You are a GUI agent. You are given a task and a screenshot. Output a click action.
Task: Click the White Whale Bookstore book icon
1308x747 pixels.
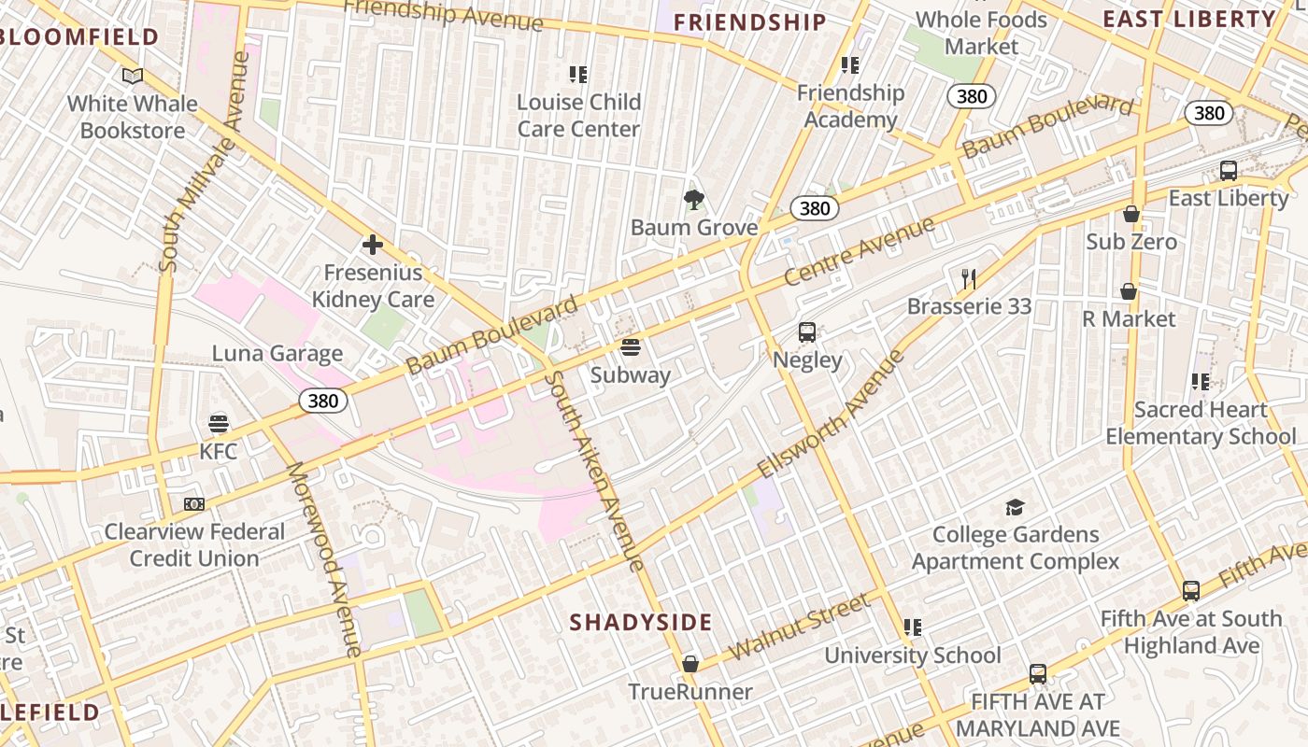(x=133, y=76)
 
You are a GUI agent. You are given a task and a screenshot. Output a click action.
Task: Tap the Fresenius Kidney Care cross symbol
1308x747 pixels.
(x=372, y=246)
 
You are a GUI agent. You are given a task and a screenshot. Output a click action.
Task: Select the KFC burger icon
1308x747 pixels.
(x=219, y=424)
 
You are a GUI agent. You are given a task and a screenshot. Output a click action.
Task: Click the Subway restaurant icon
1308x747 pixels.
(x=631, y=348)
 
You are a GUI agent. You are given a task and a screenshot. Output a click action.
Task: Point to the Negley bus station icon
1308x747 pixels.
(x=807, y=332)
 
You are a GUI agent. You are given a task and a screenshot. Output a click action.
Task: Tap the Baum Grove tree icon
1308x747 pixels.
(x=693, y=199)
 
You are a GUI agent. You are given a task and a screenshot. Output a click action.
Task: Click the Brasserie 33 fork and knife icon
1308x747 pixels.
(x=969, y=278)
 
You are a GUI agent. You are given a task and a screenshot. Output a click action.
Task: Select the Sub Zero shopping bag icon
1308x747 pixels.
(x=1131, y=214)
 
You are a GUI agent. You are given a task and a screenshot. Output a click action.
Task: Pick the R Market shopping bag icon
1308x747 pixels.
(x=1129, y=291)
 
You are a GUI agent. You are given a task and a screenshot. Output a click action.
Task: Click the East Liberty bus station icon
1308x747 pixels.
(x=1229, y=171)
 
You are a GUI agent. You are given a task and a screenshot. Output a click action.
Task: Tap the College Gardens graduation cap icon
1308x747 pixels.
(x=1015, y=507)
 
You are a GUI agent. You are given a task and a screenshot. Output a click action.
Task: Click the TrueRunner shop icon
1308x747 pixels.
(x=690, y=664)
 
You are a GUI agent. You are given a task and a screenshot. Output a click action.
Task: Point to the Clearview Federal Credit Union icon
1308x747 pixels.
(x=194, y=504)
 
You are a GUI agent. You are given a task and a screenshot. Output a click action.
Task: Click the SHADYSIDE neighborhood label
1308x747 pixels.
(x=641, y=622)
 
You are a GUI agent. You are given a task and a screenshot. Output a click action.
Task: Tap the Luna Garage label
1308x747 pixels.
(x=277, y=354)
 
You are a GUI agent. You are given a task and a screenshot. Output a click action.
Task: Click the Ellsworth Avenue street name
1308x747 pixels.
(x=831, y=414)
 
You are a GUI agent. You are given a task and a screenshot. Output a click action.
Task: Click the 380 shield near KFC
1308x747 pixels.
(x=323, y=402)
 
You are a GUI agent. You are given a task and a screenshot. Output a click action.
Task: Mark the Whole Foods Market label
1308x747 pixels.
(x=981, y=33)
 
